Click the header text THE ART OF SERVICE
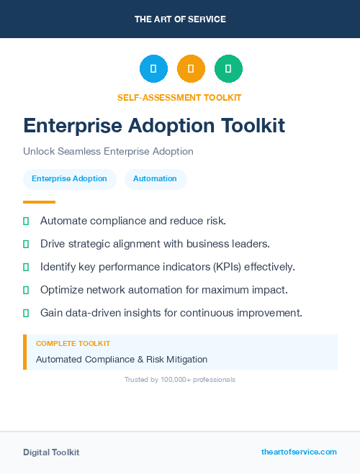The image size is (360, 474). [x=180, y=19]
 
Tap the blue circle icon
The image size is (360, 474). [x=153, y=68]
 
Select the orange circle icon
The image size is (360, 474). [x=191, y=68]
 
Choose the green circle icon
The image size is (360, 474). [x=228, y=68]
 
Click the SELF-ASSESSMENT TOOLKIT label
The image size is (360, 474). [x=179, y=97]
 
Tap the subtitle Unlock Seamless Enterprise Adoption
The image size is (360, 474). [x=108, y=152]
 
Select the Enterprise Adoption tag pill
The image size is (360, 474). [x=69, y=178]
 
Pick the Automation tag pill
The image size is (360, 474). [x=155, y=178]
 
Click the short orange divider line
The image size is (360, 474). [x=39, y=202]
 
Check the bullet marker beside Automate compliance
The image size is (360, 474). [x=26, y=221]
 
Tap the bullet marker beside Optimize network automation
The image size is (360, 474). [x=26, y=290]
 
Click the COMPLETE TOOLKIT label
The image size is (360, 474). [x=73, y=344]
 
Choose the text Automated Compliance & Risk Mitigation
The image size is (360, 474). [x=122, y=359]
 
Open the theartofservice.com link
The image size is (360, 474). [x=299, y=452]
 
